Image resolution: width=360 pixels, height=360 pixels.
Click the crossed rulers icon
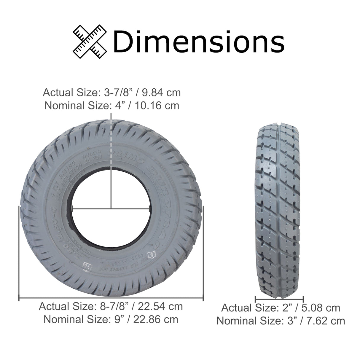click(x=90, y=41)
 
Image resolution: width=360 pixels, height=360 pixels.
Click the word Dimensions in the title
click(x=198, y=42)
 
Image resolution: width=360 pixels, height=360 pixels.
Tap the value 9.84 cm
click(x=161, y=93)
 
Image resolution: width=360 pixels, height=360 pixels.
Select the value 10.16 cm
click(x=157, y=105)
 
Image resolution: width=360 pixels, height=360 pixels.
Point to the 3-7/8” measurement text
click(x=117, y=93)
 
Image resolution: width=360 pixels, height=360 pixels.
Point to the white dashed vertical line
click(x=111, y=142)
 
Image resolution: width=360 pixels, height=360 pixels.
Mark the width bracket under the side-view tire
click(x=279, y=299)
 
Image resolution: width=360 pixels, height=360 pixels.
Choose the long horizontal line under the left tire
click(x=111, y=299)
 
